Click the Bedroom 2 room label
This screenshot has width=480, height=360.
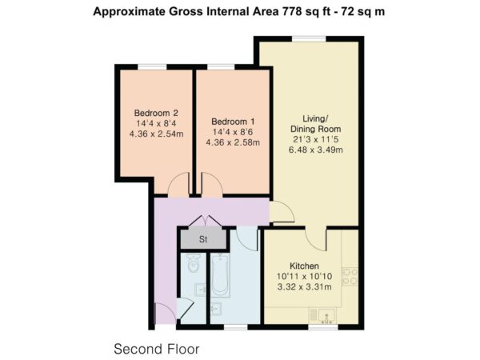click(x=156, y=113)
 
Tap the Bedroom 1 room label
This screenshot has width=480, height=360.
click(x=233, y=122)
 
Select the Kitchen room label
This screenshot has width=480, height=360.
click(x=304, y=266)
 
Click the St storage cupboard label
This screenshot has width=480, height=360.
click(x=203, y=239)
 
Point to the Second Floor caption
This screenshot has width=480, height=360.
click(x=157, y=349)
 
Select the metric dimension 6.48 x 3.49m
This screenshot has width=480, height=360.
click(x=316, y=150)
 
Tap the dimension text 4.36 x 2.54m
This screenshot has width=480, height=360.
click(x=156, y=134)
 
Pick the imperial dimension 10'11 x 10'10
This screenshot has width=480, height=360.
click(x=304, y=277)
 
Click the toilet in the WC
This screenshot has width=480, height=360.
click(x=193, y=263)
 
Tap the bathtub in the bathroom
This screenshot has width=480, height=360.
click(x=221, y=275)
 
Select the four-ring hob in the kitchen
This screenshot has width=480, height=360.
click(x=350, y=277)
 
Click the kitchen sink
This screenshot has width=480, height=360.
click(x=327, y=316)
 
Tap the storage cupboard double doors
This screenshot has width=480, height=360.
click(x=204, y=221)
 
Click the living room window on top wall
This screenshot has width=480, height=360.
click(x=309, y=38)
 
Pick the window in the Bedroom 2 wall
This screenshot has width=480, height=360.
click(x=152, y=67)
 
